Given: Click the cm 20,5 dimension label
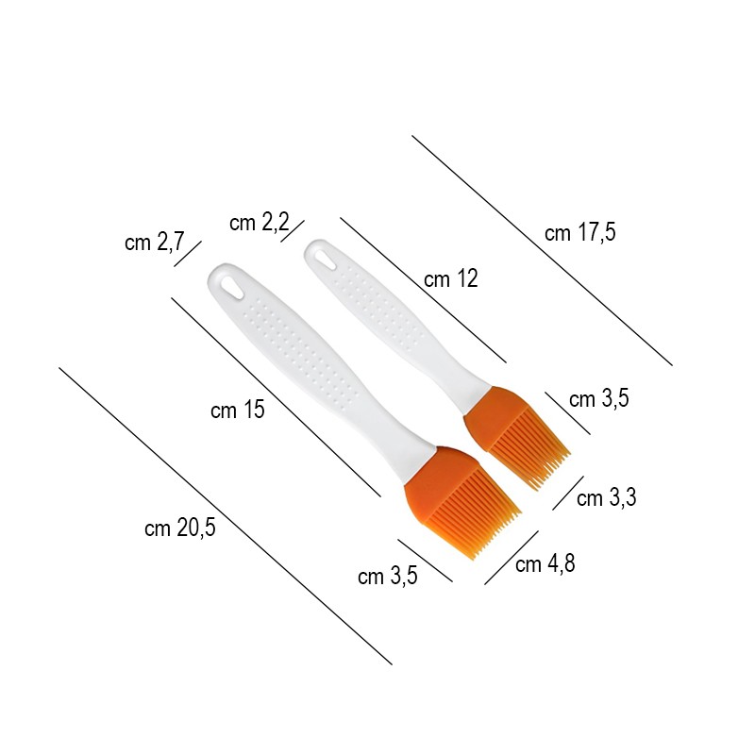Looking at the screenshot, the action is tap(180, 528).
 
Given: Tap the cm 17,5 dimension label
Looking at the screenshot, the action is tap(580, 232).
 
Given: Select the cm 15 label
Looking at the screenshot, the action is tap(238, 411).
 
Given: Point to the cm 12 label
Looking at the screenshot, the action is tap(451, 278).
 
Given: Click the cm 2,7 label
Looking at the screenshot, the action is tap(155, 242).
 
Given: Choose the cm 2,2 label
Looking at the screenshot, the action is tap(260, 223).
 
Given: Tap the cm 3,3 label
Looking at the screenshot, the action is tap(607, 497).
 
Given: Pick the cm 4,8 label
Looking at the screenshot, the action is tap(545, 563).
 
